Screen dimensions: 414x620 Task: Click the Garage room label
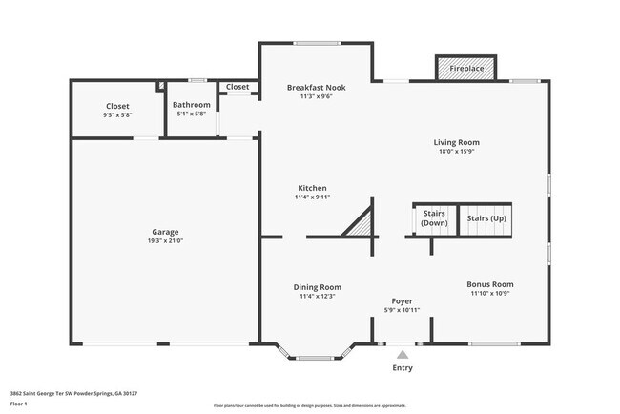pyautogui.click(x=165, y=232)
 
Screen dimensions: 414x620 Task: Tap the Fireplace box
pyautogui.click(x=466, y=69)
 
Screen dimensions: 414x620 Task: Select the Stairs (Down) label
pyautogui.click(x=434, y=218)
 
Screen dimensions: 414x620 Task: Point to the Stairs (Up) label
pyautogui.click(x=486, y=218)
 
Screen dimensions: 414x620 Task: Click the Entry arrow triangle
pyautogui.click(x=403, y=354)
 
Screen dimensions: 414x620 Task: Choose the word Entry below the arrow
pyautogui.click(x=403, y=367)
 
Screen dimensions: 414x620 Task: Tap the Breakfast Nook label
pyautogui.click(x=316, y=87)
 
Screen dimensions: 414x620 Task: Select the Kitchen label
pyautogui.click(x=312, y=188)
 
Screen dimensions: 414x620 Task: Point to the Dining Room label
pyautogui.click(x=316, y=287)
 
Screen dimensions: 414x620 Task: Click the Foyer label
pyautogui.click(x=402, y=301)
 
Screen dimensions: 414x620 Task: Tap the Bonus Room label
pyautogui.click(x=490, y=284)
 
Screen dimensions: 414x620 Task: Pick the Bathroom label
pyautogui.click(x=192, y=105)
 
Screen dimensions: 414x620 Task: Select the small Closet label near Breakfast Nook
pyautogui.click(x=238, y=87)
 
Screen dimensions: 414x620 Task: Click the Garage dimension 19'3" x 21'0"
pyautogui.click(x=165, y=240)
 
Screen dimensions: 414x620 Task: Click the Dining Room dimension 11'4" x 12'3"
pyautogui.click(x=316, y=296)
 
